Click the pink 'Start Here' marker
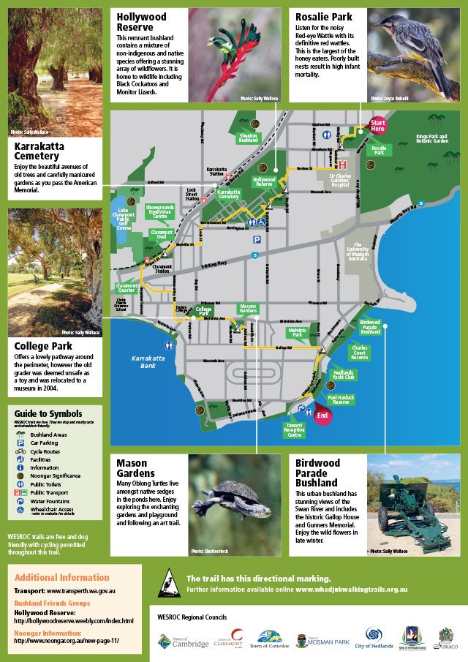pos(378,125)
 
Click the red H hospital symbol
pos(341,165)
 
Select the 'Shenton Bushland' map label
pos(248,137)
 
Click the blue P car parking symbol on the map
pos(257,238)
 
